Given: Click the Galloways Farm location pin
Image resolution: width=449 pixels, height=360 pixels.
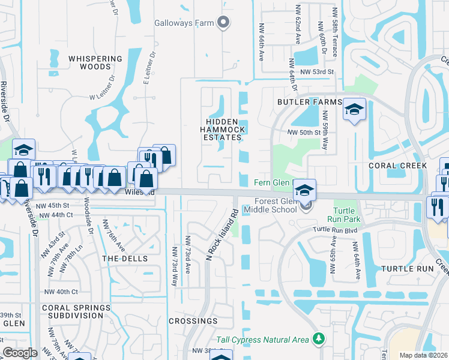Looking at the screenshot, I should [x=224, y=23].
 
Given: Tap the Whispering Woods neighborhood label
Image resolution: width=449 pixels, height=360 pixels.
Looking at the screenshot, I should [x=95, y=62].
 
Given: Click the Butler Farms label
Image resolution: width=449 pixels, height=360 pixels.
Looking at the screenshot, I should [x=309, y=103].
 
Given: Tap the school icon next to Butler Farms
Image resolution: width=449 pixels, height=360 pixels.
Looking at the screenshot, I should [x=354, y=110].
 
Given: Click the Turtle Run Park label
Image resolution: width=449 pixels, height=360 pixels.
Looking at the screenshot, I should [x=346, y=215].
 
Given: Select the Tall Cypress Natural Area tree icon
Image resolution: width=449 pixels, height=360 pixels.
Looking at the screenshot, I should [x=319, y=340].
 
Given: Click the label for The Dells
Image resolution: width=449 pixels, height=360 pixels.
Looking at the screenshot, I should [x=121, y=258].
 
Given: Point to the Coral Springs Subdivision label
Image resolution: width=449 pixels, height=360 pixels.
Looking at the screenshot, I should [x=76, y=311].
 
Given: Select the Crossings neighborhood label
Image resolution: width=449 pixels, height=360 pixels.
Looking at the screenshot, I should [x=193, y=321].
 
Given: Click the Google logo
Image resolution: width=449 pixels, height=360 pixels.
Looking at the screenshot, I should [x=20, y=353].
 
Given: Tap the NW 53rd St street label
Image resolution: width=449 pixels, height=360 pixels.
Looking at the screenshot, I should [x=316, y=72].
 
